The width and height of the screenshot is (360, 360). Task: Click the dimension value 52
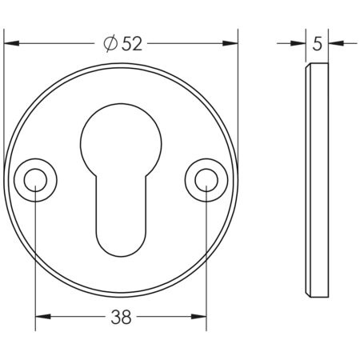coord(133,45)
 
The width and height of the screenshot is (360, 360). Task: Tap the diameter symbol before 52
coord(111,45)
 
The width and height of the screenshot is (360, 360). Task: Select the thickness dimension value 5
coord(318,45)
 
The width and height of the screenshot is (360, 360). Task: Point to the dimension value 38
coord(121,318)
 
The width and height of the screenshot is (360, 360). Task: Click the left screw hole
coord(35,182)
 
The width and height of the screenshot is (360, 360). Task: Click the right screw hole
coord(206,182)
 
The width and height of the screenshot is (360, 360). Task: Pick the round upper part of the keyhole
coord(121,140)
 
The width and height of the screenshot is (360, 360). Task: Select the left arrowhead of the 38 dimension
coord(42,318)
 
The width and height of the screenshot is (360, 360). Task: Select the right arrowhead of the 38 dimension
coord(200,318)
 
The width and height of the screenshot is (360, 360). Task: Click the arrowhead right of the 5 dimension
coord(334,44)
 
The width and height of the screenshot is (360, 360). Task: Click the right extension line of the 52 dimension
coord(238,96)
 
